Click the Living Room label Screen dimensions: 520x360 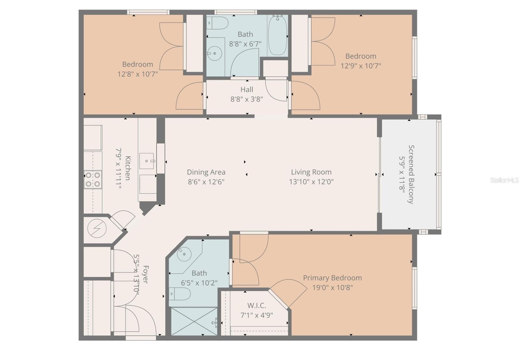pyautogui.click(x=311, y=172)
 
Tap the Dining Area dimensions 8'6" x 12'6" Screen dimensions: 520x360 pyautogui.click(x=206, y=181)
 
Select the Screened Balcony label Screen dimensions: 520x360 pyautogui.click(x=411, y=174)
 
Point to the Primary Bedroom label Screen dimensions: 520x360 pyautogui.click(x=332, y=278)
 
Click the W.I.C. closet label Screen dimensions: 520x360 pyautogui.click(x=256, y=305)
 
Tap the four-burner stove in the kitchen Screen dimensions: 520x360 pyautogui.click(x=93, y=180)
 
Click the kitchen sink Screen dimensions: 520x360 pyautogui.click(x=147, y=161)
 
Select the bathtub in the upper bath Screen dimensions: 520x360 pyautogui.click(x=278, y=35)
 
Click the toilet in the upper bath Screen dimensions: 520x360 pyautogui.click(x=218, y=23)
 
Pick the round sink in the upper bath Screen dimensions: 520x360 pyautogui.click(x=214, y=53)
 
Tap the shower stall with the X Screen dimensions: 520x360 pyautogui.click(x=194, y=321)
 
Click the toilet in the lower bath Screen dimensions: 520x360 pyautogui.click(x=179, y=294)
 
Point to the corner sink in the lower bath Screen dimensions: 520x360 pyautogui.click(x=184, y=254)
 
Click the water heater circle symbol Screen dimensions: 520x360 pyautogui.click(x=97, y=229)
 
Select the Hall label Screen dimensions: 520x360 pyautogui.click(x=247, y=89)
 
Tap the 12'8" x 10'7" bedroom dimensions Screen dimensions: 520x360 pyautogui.click(x=138, y=74)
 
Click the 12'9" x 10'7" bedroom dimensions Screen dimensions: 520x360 pyautogui.click(x=361, y=66)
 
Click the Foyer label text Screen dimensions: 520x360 pyautogui.click(x=145, y=274)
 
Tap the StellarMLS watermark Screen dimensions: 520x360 pyautogui.click(x=504, y=180)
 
